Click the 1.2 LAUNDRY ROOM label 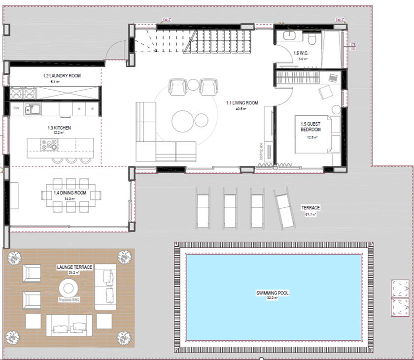pos(62,76)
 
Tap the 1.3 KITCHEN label pos(59,128)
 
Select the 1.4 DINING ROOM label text pos(70,193)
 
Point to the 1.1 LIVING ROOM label pos(242,103)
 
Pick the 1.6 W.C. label pos(300,53)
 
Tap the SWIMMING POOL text pos(272,293)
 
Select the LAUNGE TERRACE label pos(74,267)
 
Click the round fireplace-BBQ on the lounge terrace pos(67,287)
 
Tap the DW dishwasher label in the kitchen pos(16,108)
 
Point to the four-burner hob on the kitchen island pos(49,145)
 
